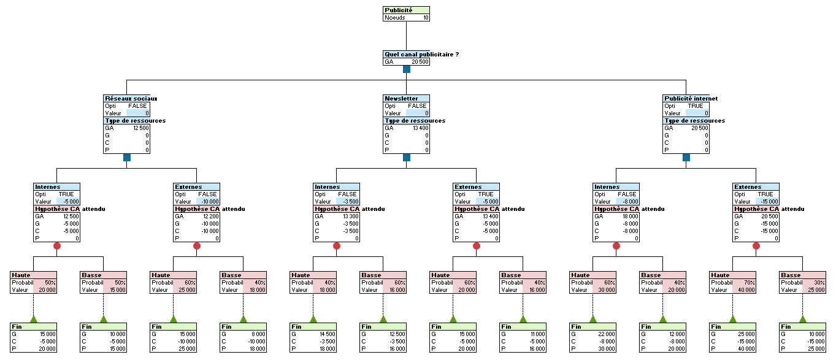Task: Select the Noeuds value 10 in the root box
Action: coord(425,18)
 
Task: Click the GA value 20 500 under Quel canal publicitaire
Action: coord(420,62)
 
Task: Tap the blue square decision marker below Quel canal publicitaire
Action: coord(407,69)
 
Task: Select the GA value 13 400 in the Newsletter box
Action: coord(420,128)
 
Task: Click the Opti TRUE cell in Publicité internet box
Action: coord(696,106)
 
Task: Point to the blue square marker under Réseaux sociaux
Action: coord(127,158)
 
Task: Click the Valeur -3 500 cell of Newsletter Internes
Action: coord(348,201)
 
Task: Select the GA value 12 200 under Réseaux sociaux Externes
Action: coord(208,216)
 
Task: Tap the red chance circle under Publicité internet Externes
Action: coord(756,246)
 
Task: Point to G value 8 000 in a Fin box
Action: coord(257,334)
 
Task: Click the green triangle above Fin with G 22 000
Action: coord(593,319)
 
